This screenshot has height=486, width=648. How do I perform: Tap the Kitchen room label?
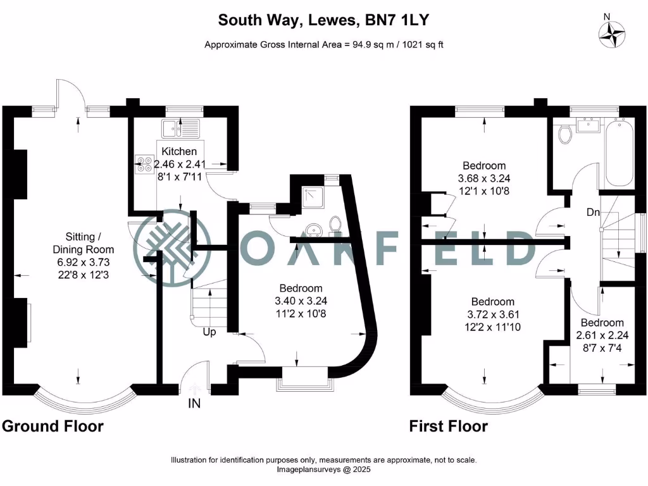tap(179, 151)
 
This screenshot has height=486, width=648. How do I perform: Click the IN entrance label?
tap(194, 403)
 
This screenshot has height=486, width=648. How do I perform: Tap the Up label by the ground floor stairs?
tap(210, 331)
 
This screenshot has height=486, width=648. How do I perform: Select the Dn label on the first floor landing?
tap(593, 213)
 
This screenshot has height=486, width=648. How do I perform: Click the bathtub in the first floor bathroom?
tap(620, 151)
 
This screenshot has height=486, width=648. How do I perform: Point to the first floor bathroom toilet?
tap(566, 134)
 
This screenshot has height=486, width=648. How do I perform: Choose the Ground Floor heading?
tap(53, 426)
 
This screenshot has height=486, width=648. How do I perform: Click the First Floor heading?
tap(448, 426)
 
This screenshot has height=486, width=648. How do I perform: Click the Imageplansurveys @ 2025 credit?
tap(324, 470)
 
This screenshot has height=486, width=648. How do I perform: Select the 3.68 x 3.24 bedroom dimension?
tap(483, 178)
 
